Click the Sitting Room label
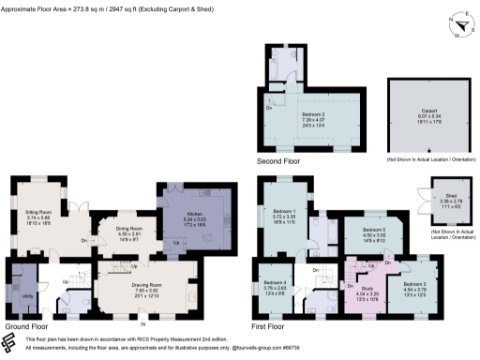[x=38, y=213]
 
